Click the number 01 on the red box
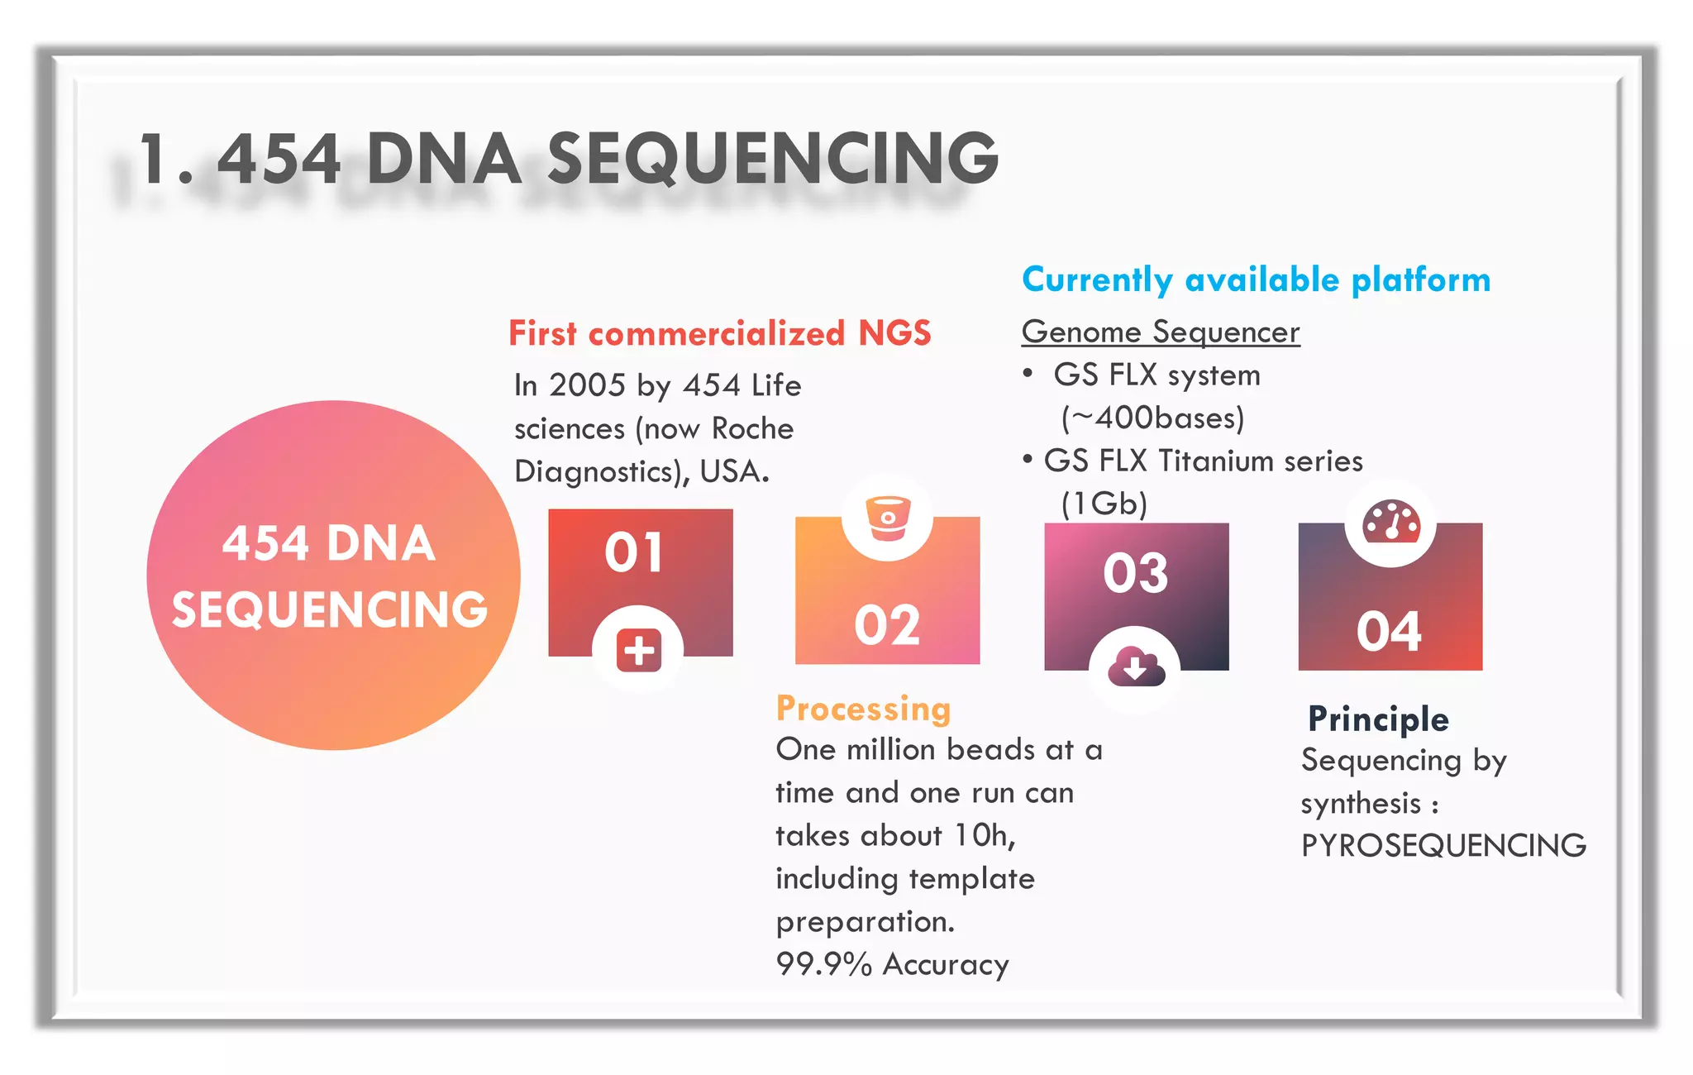coord(634,552)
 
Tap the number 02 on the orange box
coord(887,625)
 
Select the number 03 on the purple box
coord(1136,572)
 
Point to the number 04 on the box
coord(1389,632)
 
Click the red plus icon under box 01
coord(638,650)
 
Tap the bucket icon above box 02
coord(888,518)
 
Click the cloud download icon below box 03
coord(1136,666)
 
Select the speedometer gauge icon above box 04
coord(1391,523)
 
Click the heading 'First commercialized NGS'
coord(719,333)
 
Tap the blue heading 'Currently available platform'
coord(1256,279)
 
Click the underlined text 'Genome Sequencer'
coord(1161,332)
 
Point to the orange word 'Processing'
coord(863,709)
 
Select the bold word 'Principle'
coord(1378,719)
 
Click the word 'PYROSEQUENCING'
coord(1443,845)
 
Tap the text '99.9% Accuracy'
coord(892,964)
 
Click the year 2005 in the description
coord(587,385)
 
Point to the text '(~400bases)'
coord(1152,418)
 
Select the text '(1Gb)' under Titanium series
coord(1104,503)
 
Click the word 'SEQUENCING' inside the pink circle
coord(330,609)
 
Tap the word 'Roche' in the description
coord(752,428)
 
